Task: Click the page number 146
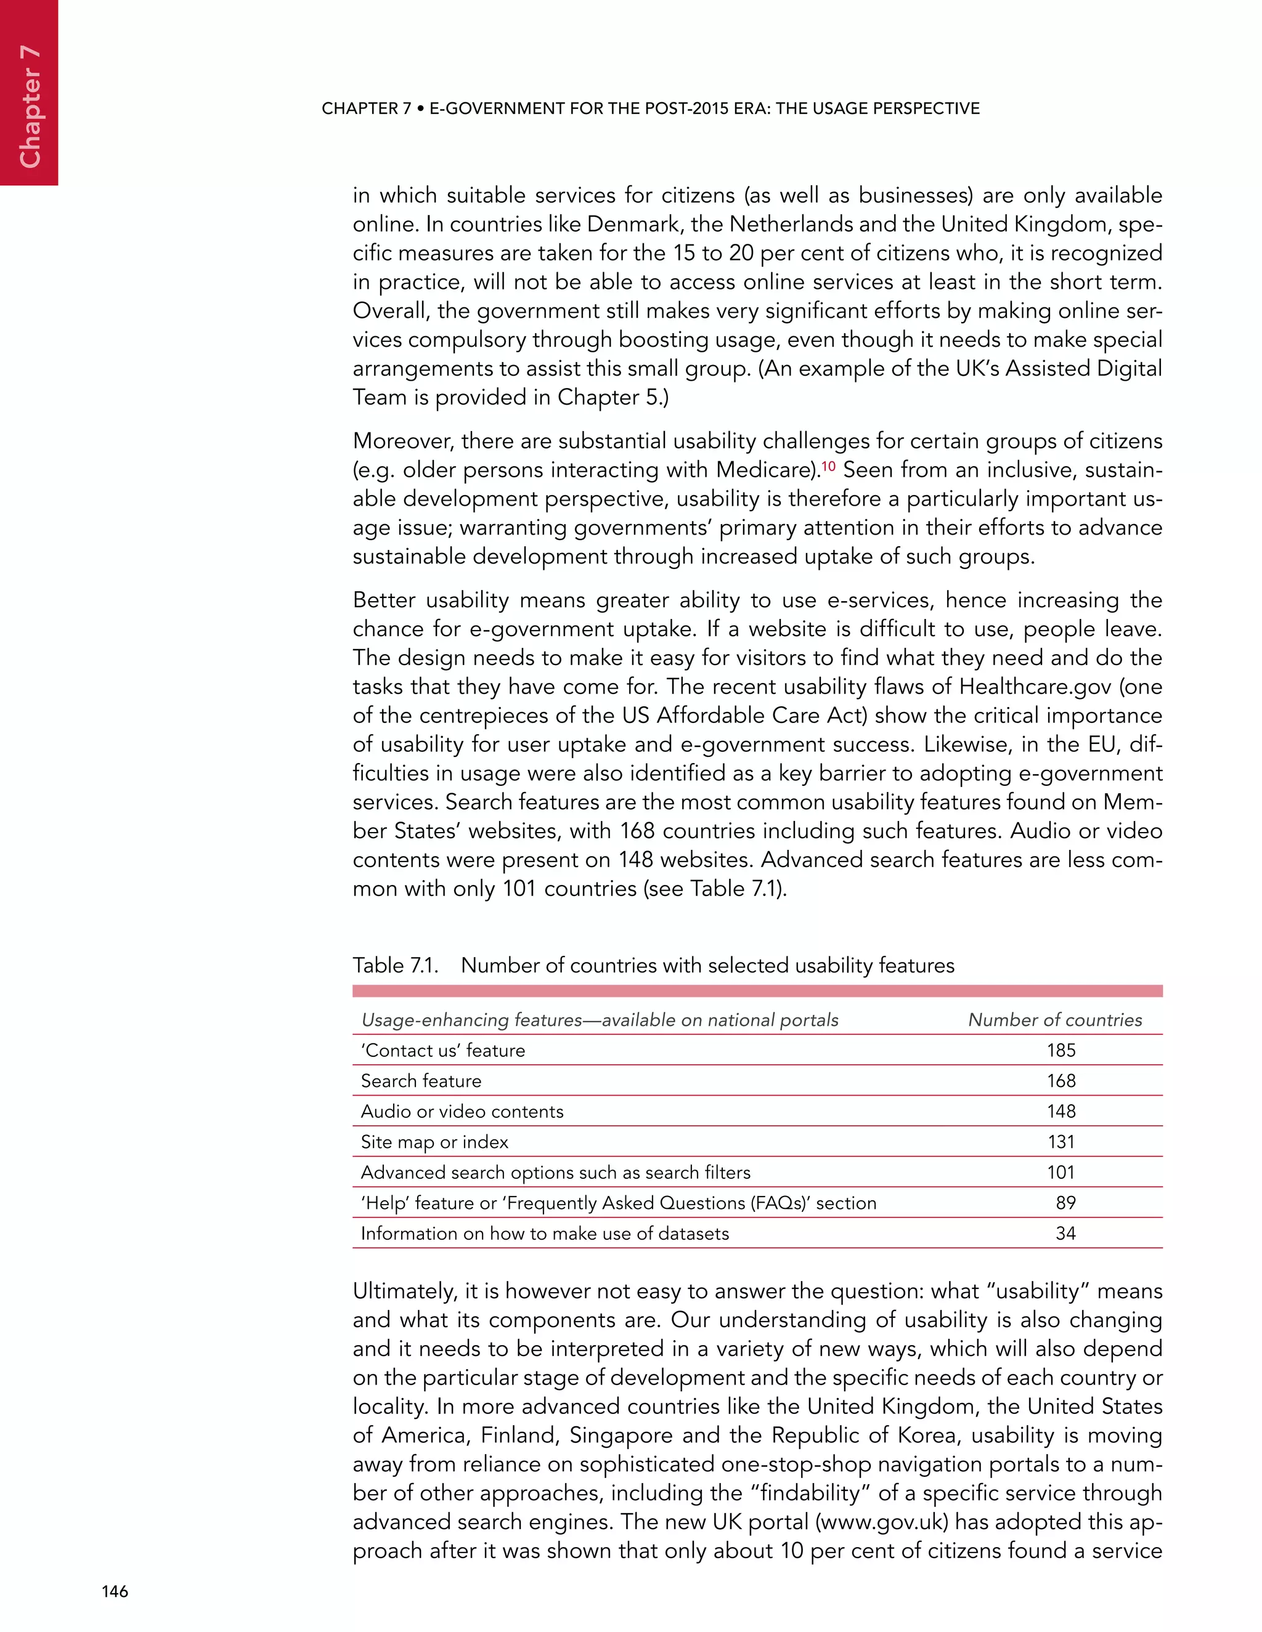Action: click(x=115, y=1591)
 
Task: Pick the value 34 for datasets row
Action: click(x=1065, y=1233)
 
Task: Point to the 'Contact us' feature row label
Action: click(x=442, y=1050)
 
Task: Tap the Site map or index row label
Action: click(x=434, y=1142)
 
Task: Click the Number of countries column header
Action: click(x=1054, y=1019)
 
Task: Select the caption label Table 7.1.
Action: click(x=395, y=966)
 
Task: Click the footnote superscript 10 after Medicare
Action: click(x=828, y=466)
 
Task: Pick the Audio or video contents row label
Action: click(x=462, y=1111)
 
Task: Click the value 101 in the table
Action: click(x=1060, y=1172)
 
